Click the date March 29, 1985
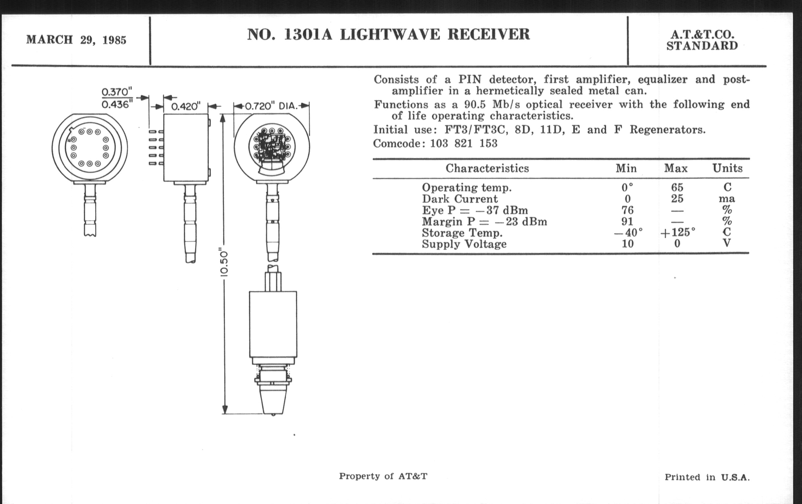point(76,40)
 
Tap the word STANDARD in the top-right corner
point(702,46)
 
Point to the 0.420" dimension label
point(186,107)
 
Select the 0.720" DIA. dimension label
point(271,106)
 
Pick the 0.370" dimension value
point(117,92)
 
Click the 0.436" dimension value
point(117,105)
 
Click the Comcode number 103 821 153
point(464,143)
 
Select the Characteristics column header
point(487,168)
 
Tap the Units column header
point(727,168)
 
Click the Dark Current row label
point(460,199)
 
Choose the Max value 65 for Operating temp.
point(677,187)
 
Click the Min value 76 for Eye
point(627,210)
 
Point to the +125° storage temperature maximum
point(677,232)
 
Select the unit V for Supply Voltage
point(727,243)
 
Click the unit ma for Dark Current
point(727,199)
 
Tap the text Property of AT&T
point(383,476)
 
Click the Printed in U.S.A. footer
point(707,477)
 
